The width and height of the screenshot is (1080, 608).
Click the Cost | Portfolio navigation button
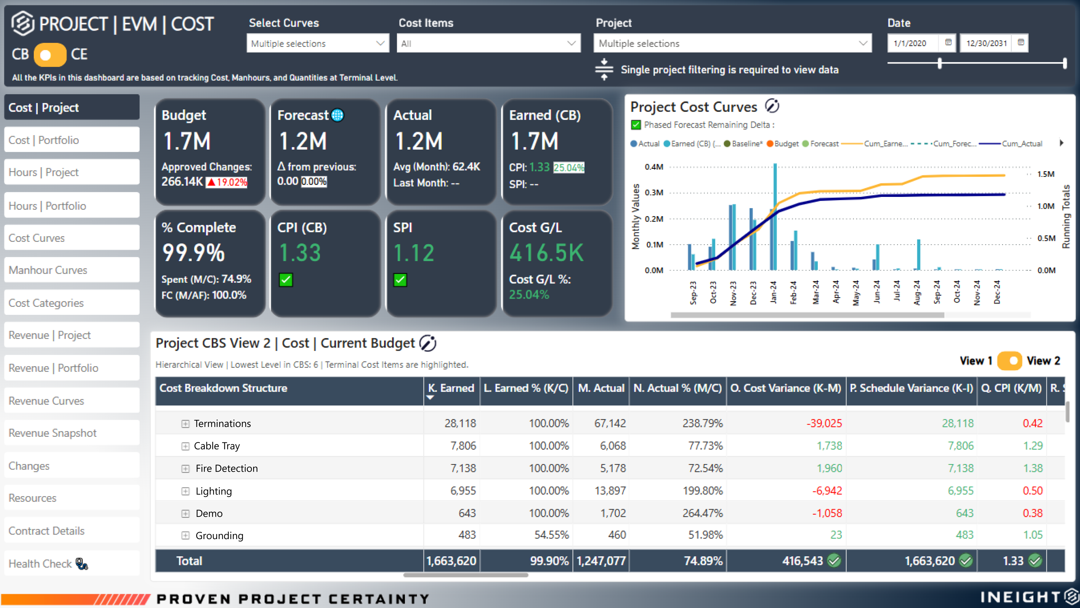click(x=72, y=140)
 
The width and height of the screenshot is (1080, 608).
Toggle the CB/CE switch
click(x=50, y=54)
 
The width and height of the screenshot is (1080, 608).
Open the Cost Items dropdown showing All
click(x=488, y=44)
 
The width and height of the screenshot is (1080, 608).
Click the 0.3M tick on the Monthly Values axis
click(x=654, y=193)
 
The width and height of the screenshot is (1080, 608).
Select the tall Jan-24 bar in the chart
click(x=775, y=216)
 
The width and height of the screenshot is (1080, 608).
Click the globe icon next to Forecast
click(x=337, y=115)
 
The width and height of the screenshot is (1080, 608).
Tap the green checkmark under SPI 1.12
click(x=400, y=280)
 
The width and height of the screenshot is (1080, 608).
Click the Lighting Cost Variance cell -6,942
click(x=827, y=490)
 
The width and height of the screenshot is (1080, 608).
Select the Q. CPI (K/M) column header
click(x=1011, y=388)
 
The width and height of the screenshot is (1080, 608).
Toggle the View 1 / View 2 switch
click(x=1009, y=361)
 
